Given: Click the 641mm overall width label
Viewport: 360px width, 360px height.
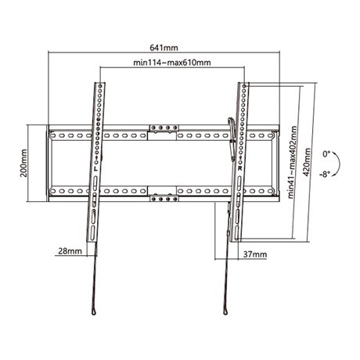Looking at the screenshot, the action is coord(164,48).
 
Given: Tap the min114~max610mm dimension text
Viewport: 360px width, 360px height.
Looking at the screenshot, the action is coord(172,63).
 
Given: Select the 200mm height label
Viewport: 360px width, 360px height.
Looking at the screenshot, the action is coord(23,163).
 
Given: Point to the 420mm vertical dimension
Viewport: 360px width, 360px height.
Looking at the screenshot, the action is coord(307,162).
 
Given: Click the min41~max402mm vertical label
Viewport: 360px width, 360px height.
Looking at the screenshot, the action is coord(293,162).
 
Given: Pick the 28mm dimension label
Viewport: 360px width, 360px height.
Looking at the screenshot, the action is coord(70,251).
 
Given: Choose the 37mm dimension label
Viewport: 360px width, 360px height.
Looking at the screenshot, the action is coord(255,254).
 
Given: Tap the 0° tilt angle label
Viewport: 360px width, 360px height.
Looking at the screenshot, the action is coord(326,154).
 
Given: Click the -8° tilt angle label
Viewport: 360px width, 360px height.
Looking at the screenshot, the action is coord(325,174).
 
